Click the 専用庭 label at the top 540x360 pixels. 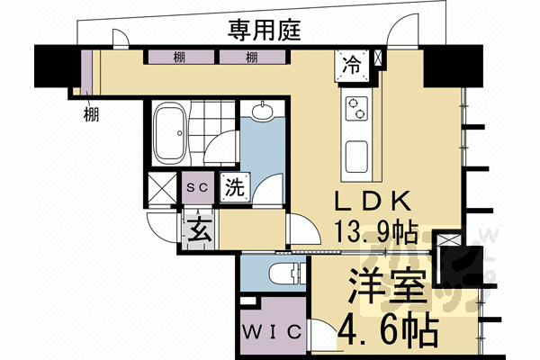264,31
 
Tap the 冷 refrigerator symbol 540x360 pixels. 352,64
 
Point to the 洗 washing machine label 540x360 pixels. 234,189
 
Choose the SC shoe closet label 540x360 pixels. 197,187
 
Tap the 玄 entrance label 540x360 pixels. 200,230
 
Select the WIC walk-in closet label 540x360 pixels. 271,330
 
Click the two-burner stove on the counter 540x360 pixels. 356,109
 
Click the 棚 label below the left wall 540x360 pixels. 91,113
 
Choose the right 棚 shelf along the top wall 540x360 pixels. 251,58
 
